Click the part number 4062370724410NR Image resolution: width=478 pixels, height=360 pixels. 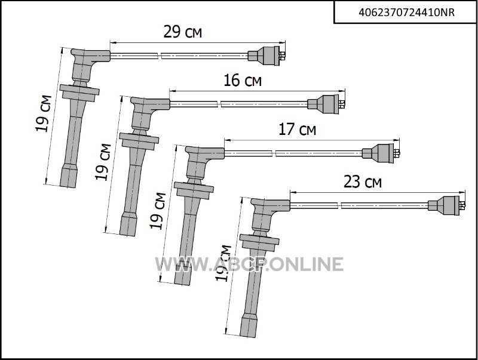click(406, 13)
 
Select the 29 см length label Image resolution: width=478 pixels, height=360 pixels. click(183, 32)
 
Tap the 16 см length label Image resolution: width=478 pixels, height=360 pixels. click(243, 81)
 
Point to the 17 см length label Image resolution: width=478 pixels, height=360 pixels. click(297, 130)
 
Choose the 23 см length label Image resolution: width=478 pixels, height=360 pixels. click(363, 182)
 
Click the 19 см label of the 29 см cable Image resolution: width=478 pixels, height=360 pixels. click(44, 113)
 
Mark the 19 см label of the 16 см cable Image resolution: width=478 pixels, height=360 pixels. click(103, 162)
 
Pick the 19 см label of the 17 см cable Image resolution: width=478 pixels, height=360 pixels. click(158, 211)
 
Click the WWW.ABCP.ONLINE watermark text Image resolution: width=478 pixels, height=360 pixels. click(249, 264)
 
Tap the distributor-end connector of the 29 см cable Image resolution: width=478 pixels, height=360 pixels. click(266, 56)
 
